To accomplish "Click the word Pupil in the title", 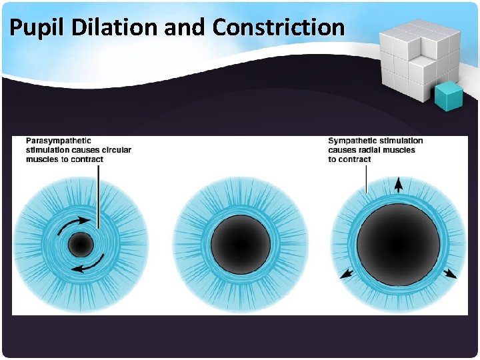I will (33, 27).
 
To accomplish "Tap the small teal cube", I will (449, 96).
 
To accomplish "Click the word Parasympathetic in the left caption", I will (58, 141).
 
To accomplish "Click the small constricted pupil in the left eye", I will (80, 245).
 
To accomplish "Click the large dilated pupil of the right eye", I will (398, 243).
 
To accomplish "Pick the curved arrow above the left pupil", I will (71, 224).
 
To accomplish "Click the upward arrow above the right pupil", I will (398, 185).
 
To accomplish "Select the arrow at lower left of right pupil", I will (347, 273).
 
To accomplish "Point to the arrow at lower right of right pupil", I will (451, 273).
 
